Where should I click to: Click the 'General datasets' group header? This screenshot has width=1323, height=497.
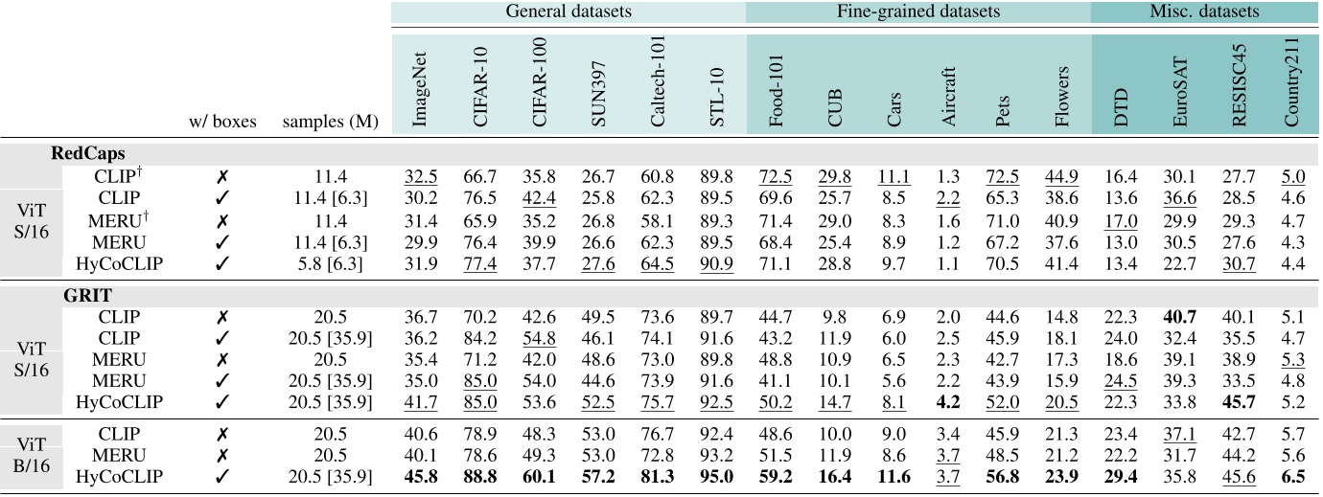pyautogui.click(x=568, y=12)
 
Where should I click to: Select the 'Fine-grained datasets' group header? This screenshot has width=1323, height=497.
pyautogui.click(x=918, y=12)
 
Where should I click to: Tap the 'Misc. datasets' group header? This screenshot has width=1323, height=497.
pyautogui.click(x=1205, y=12)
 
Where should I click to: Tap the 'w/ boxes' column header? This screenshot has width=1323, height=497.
pyautogui.click(x=224, y=123)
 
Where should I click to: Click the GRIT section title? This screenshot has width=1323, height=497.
pyautogui.click(x=78, y=297)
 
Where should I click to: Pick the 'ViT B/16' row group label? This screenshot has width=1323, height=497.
pyautogui.click(x=31, y=457)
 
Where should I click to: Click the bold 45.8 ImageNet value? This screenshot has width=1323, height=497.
pyautogui.click(x=420, y=477)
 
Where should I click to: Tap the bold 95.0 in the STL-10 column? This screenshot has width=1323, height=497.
pyautogui.click(x=717, y=477)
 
